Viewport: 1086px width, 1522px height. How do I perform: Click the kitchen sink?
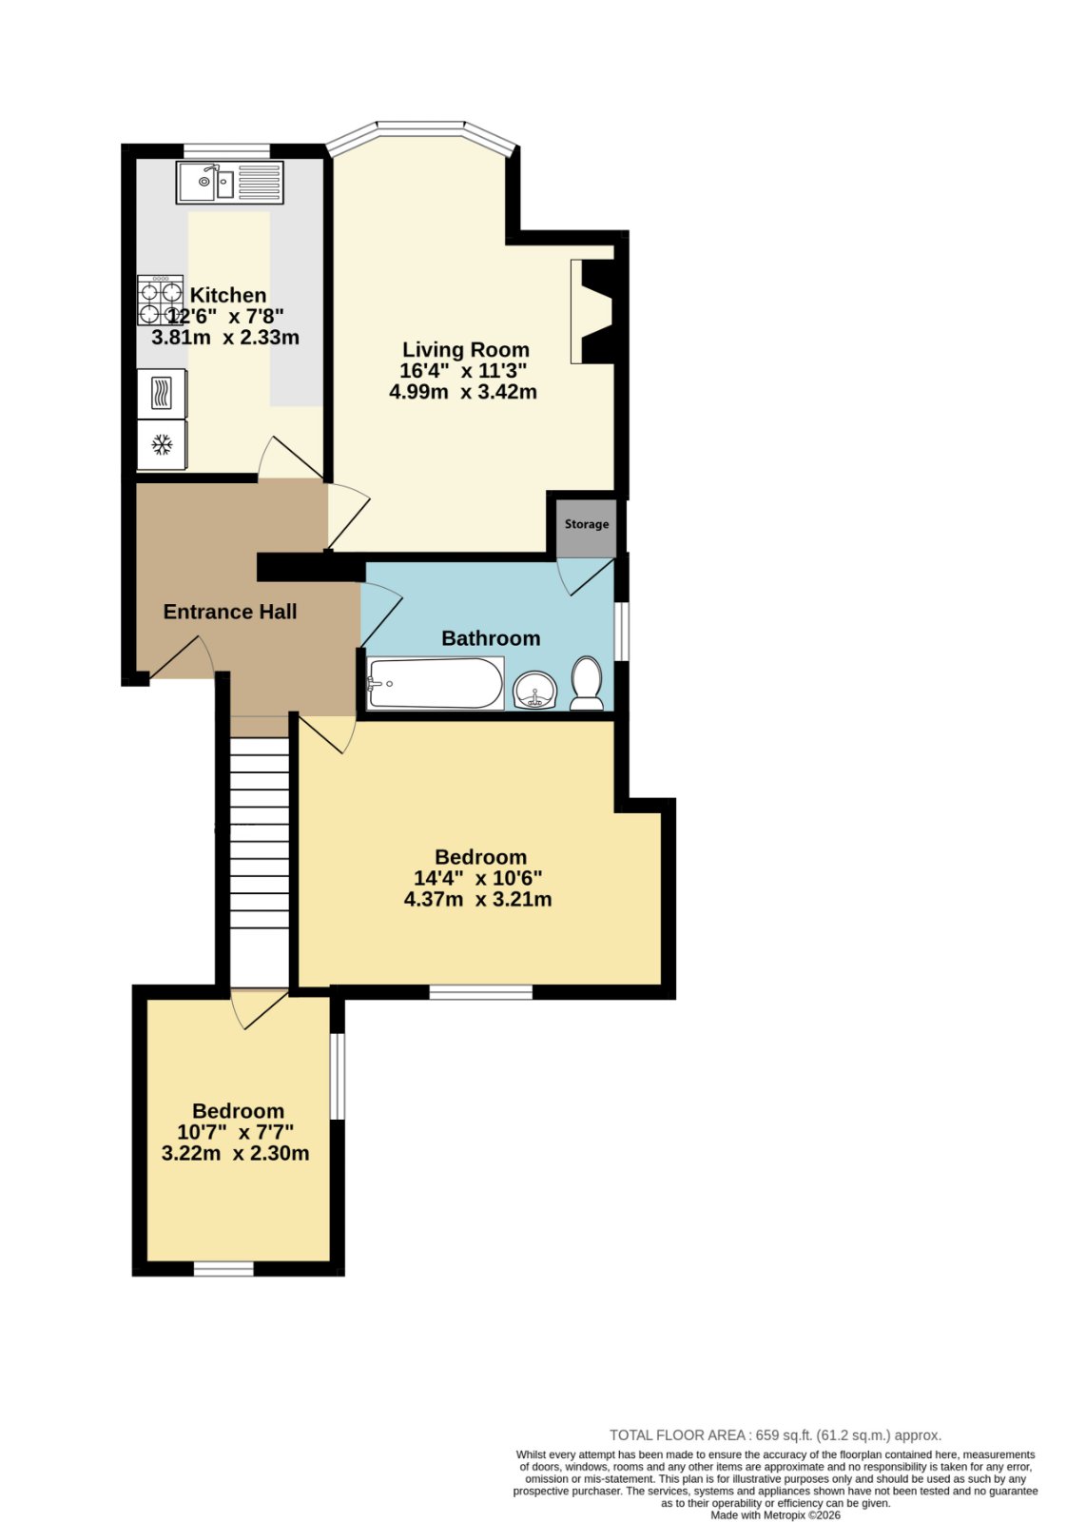click(x=229, y=182)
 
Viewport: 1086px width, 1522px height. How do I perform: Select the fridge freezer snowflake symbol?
click(x=162, y=445)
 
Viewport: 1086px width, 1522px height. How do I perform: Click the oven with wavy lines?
click(x=162, y=394)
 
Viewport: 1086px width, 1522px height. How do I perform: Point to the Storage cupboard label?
click(x=586, y=524)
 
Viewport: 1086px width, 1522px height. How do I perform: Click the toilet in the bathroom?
click(x=587, y=683)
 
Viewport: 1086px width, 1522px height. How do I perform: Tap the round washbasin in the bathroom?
click(x=534, y=690)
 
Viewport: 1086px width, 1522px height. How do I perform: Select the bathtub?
click(x=436, y=683)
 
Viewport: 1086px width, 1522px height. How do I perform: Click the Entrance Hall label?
click(x=229, y=612)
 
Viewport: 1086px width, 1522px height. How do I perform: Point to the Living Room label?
click(x=465, y=349)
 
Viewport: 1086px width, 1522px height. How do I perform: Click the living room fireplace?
click(x=592, y=311)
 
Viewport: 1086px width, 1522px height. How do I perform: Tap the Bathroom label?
click(x=491, y=638)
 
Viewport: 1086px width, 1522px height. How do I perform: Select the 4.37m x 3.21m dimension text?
click(x=477, y=900)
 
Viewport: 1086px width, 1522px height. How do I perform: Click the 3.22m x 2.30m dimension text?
click(x=235, y=1154)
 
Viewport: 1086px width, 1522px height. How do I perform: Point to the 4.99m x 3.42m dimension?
click(x=462, y=392)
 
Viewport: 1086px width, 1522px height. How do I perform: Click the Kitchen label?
click(x=227, y=295)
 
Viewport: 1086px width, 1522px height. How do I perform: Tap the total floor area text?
click(x=775, y=1435)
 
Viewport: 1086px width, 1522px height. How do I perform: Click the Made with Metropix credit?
click(x=775, y=1515)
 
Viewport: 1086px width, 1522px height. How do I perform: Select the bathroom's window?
click(x=621, y=631)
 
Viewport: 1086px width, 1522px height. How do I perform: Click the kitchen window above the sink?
click(x=227, y=150)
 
